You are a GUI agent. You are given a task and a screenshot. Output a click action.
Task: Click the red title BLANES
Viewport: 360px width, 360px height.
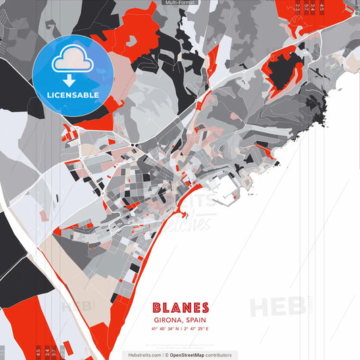tap(180, 308)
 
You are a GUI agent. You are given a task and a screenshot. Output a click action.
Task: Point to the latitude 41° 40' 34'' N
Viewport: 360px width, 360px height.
tap(165, 329)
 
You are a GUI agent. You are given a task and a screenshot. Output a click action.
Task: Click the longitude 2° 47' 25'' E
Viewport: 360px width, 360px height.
tap(196, 329)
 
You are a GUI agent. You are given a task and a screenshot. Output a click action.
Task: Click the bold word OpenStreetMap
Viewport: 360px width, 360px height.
tap(188, 355)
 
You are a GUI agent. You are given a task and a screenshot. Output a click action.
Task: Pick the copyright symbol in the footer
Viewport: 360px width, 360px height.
tap(166, 355)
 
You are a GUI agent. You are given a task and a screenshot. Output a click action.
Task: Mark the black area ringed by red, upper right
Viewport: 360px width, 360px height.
tap(286, 68)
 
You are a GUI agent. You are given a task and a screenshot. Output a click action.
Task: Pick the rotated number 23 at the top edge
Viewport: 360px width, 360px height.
tap(298, 7)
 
